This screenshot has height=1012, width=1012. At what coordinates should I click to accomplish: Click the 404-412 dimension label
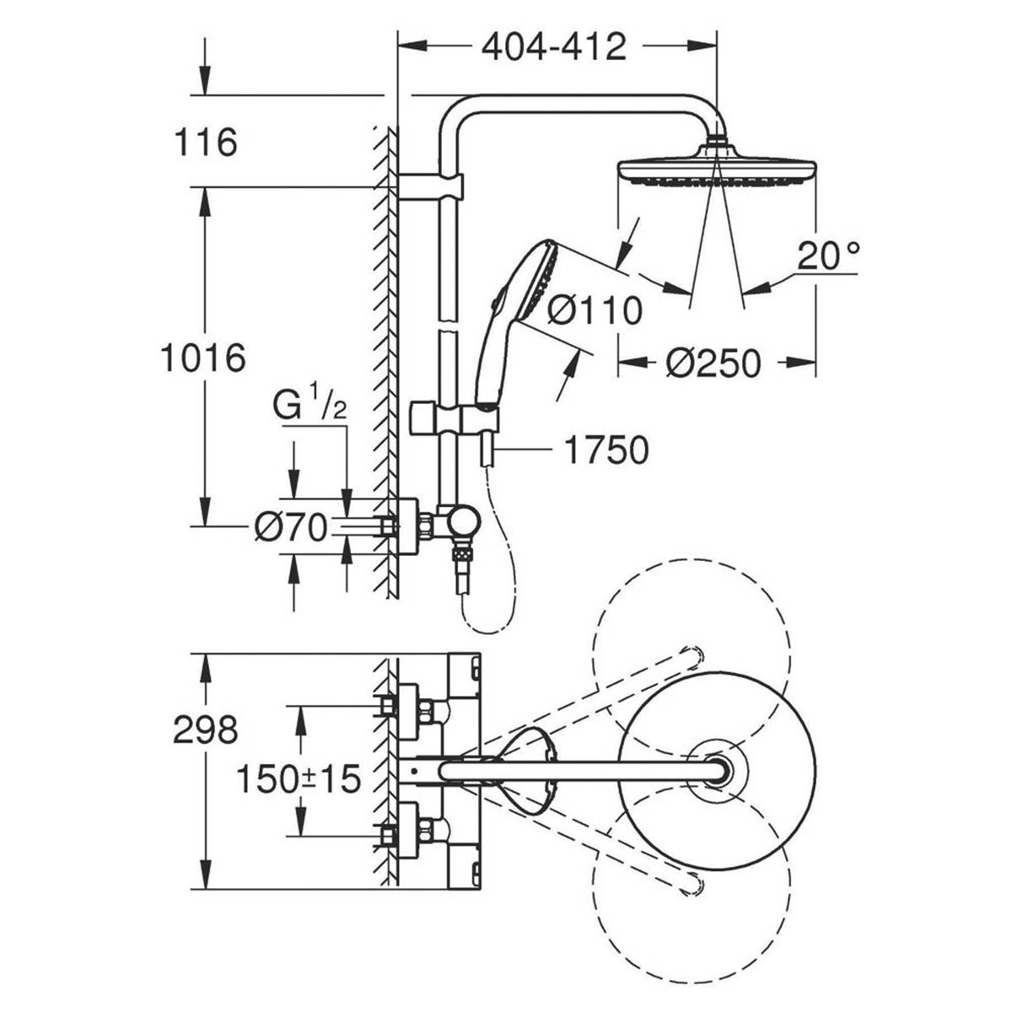tap(554, 47)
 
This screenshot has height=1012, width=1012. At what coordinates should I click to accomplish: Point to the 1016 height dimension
tap(203, 358)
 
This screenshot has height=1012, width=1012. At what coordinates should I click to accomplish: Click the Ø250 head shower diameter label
tap(713, 363)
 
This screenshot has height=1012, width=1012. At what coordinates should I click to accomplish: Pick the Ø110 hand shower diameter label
tap(594, 311)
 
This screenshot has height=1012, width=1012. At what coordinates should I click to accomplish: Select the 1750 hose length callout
tap(606, 450)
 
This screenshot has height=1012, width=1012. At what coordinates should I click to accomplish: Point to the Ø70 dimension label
tap(290, 529)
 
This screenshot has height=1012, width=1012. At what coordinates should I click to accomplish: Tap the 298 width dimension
tap(205, 730)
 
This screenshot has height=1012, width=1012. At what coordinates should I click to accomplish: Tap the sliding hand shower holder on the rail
tap(455, 419)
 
